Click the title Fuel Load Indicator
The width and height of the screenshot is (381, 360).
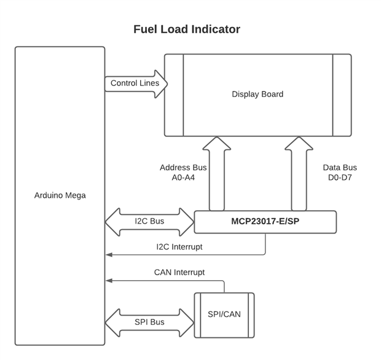click(x=187, y=29)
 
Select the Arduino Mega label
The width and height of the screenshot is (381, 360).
click(x=60, y=195)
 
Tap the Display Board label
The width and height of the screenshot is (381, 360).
click(x=257, y=94)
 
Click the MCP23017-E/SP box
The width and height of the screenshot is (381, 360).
click(x=265, y=222)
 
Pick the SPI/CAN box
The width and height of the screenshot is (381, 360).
click(x=224, y=315)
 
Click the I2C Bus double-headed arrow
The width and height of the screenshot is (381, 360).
click(x=149, y=222)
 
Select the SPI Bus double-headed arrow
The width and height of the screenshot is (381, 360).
click(x=149, y=322)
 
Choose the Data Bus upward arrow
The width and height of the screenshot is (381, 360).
click(x=299, y=175)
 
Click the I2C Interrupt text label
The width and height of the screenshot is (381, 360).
click(x=179, y=247)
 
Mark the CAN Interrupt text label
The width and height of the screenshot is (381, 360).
click(x=179, y=272)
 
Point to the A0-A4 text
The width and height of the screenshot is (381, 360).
click(x=183, y=178)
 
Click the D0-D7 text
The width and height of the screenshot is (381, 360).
click(x=340, y=178)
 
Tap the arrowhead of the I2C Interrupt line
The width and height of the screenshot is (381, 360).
click(x=108, y=254)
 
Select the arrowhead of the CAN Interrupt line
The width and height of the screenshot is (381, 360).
click(x=108, y=281)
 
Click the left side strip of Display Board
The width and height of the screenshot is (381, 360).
click(x=174, y=95)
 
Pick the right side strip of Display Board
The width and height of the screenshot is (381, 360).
click(x=342, y=95)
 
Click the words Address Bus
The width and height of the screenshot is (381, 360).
click(x=183, y=168)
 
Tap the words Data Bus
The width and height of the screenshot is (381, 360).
click(x=340, y=168)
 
